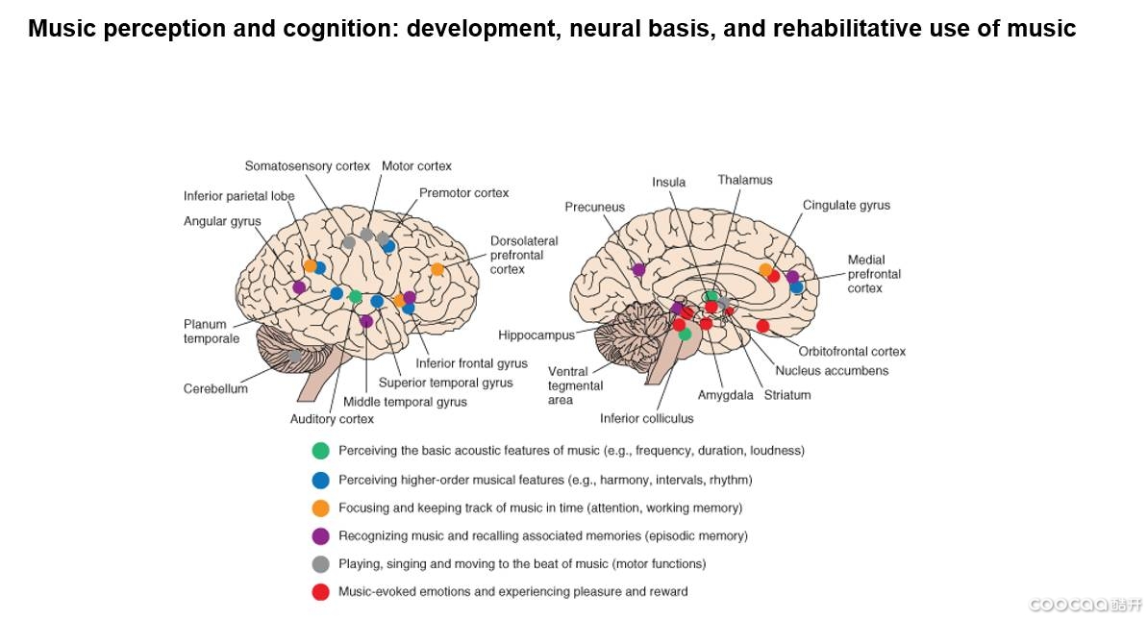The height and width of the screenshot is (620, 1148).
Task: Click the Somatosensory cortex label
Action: (x=307, y=166)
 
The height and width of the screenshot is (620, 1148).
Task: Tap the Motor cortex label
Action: (x=416, y=166)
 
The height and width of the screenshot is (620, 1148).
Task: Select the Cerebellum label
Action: (x=215, y=389)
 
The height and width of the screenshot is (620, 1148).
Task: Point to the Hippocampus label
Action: (x=536, y=335)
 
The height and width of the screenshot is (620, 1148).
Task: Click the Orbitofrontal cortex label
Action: (x=852, y=352)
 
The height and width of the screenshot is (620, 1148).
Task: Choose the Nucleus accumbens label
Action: (x=832, y=371)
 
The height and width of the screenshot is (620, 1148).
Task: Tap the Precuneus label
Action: (x=594, y=207)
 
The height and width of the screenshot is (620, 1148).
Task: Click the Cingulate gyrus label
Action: (x=846, y=205)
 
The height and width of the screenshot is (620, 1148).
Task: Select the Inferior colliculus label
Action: (x=646, y=418)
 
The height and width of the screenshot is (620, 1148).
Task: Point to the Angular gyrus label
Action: (x=222, y=222)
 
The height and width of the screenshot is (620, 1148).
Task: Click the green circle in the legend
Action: (x=321, y=450)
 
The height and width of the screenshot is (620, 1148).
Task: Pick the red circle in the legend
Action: (x=321, y=592)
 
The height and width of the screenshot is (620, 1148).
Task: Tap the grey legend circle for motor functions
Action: (x=321, y=564)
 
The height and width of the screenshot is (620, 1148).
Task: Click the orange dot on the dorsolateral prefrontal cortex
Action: (x=437, y=269)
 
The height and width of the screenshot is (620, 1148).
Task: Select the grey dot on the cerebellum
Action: (x=295, y=356)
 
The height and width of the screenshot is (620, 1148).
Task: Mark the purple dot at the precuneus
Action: (x=638, y=269)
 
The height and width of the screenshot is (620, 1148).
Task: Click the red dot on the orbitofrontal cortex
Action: (x=762, y=326)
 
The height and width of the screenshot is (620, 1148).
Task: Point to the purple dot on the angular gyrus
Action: (x=299, y=286)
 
